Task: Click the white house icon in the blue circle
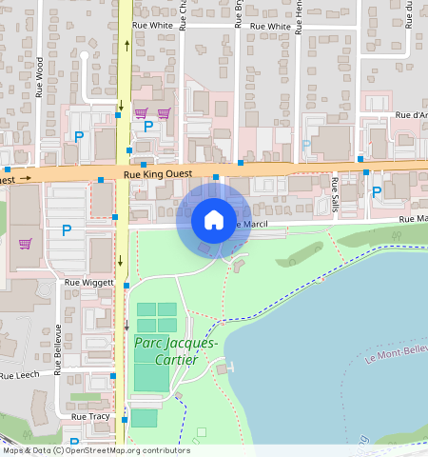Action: tap(214, 220)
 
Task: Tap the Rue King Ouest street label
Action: tap(158, 174)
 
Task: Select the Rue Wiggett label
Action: tap(88, 283)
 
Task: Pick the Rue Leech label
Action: tap(19, 375)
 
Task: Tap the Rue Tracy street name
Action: tap(90, 417)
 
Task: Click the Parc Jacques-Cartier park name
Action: tap(176, 350)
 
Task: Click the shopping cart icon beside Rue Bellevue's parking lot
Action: tap(25, 243)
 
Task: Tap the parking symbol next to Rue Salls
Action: tap(376, 192)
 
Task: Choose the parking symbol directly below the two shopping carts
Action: tap(148, 126)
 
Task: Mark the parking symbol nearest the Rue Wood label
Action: tap(79, 137)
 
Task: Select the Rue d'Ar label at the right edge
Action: tap(410, 115)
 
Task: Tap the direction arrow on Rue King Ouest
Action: tap(27, 177)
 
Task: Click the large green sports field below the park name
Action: tap(149, 371)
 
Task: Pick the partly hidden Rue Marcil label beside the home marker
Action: tap(251, 224)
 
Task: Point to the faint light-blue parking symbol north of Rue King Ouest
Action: tap(306, 145)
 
